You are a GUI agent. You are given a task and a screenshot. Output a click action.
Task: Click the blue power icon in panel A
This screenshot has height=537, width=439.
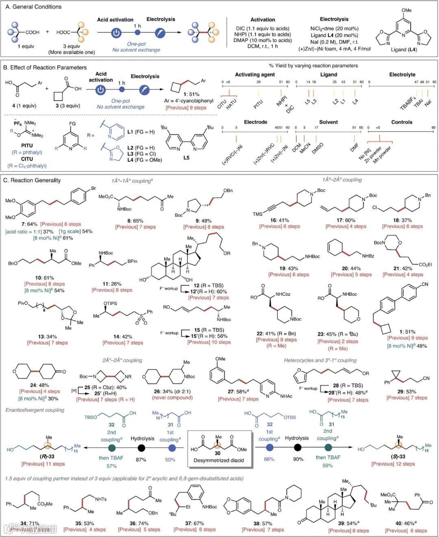tap(116, 33)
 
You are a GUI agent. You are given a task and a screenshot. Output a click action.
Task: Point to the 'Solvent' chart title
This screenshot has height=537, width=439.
tap(328, 122)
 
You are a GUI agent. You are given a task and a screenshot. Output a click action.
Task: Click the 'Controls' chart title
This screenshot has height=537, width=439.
tap(402, 122)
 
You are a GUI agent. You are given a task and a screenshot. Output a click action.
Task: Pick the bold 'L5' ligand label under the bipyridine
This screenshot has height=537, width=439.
tap(186, 158)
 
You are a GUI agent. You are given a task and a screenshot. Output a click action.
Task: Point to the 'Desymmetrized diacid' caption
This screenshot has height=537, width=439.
tap(219, 460)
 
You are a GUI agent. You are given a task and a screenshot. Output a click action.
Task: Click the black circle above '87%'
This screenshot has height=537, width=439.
tap(141, 448)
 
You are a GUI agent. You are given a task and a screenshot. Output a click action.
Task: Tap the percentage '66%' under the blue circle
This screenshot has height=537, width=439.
tap(269, 459)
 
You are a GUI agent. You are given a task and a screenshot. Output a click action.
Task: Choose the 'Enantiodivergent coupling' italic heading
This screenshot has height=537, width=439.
tap(35, 410)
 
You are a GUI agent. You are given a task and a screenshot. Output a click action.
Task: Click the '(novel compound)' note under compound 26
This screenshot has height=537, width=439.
tap(172, 398)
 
